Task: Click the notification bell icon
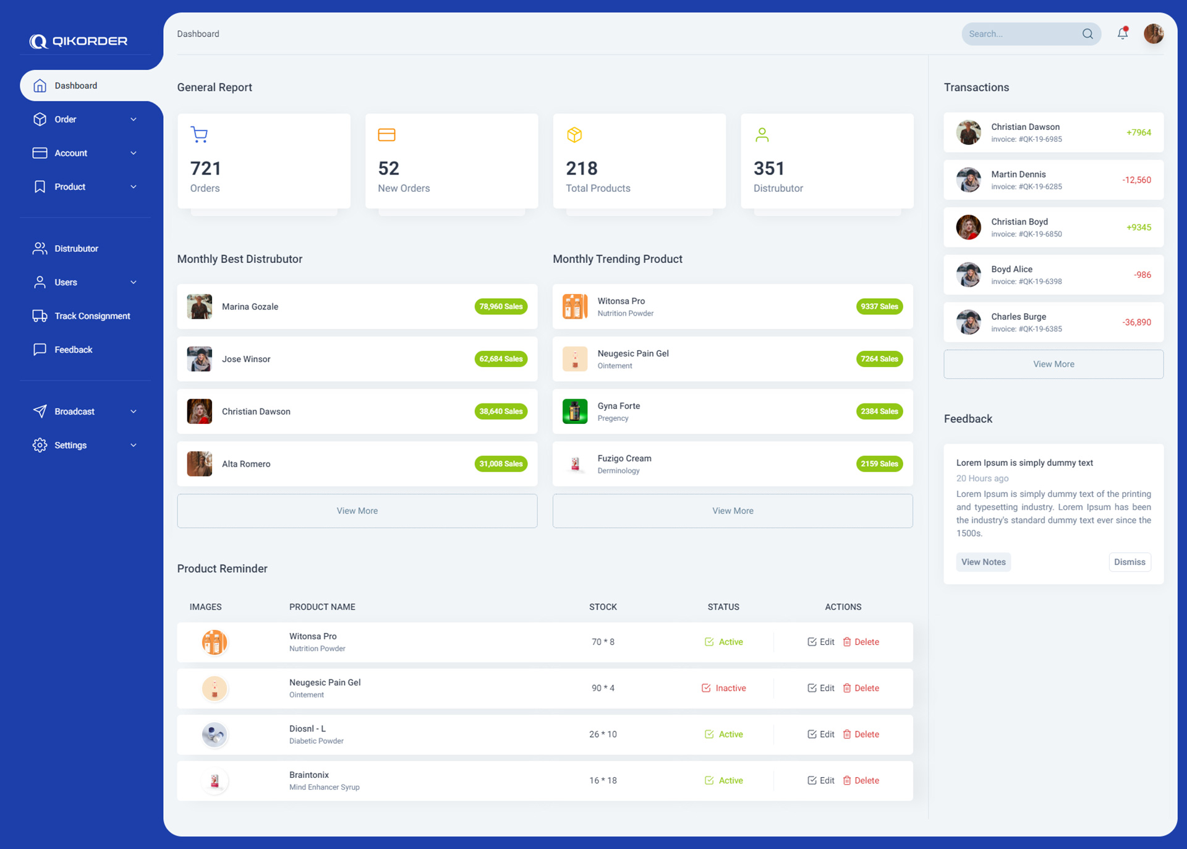tap(1122, 33)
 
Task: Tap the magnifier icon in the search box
tap(1087, 34)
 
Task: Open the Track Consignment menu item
tap(91, 316)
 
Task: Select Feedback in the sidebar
tap(73, 350)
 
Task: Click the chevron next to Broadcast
tap(134, 412)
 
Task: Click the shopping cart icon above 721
tap(199, 134)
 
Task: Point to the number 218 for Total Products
tap(581, 168)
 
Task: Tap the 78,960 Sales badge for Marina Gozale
tap(501, 307)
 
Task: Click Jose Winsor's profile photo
tap(200, 359)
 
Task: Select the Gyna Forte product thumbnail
tap(575, 412)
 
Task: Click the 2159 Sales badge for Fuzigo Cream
tap(879, 464)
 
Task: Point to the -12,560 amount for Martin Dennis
tap(1136, 180)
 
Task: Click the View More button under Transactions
tap(1053, 364)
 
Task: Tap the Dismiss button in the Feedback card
tap(1130, 562)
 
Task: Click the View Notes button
tap(983, 562)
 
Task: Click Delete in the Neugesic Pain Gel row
tap(861, 688)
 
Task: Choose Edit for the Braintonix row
tap(821, 780)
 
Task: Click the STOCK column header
tap(603, 607)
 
